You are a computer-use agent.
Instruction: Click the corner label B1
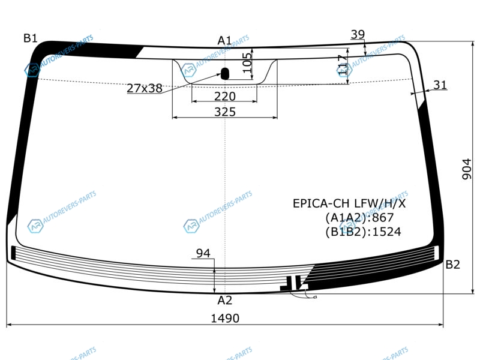[31, 38]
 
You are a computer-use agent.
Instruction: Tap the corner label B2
[453, 265]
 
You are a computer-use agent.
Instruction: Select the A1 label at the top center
[224, 40]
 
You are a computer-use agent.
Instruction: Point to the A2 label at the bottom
[224, 301]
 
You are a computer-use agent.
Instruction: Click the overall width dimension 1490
[225, 319]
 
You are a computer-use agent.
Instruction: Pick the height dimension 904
[467, 169]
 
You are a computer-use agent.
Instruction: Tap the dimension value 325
[225, 112]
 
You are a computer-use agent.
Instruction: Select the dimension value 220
[225, 97]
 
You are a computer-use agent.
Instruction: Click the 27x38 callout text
[145, 88]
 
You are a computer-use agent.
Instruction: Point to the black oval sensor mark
[225, 74]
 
